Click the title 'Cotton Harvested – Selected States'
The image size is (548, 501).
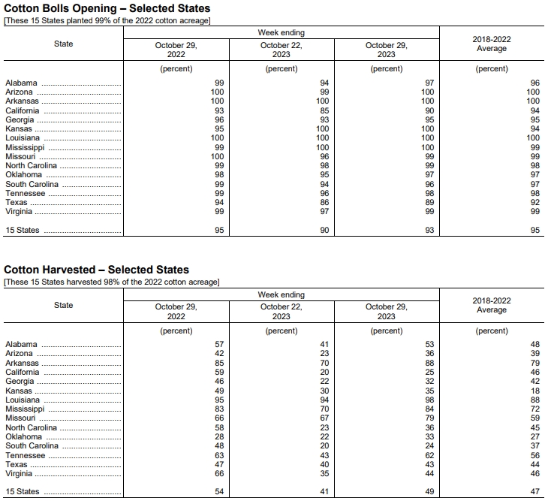[x=97, y=270]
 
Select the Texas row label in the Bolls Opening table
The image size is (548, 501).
[x=16, y=203]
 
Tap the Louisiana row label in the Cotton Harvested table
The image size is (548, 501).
[x=23, y=400]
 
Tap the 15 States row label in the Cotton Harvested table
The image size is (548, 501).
[x=23, y=492]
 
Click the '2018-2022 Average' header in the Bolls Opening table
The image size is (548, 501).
[x=492, y=44]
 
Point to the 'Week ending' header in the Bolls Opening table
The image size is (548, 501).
[x=282, y=33]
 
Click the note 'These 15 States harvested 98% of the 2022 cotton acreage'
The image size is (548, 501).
[x=112, y=282]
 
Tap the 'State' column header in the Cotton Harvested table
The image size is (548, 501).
[x=64, y=305]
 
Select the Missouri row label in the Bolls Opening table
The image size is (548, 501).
[x=20, y=156]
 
